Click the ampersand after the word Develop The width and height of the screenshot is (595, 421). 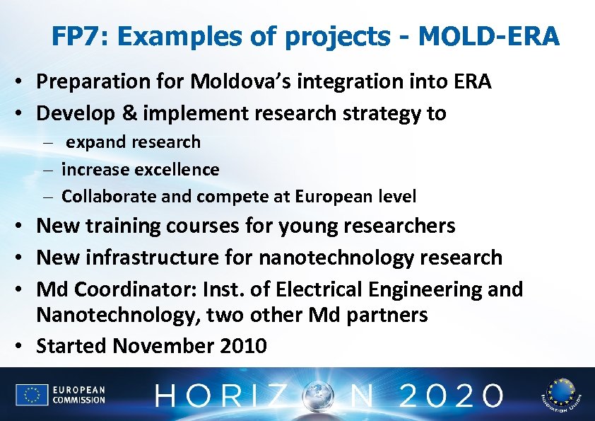point(131,113)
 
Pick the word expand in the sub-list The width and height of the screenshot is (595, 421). point(93,142)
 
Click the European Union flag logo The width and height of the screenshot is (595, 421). point(32,395)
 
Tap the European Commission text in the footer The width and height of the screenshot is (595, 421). point(78,395)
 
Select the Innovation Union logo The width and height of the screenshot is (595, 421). point(559,394)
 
